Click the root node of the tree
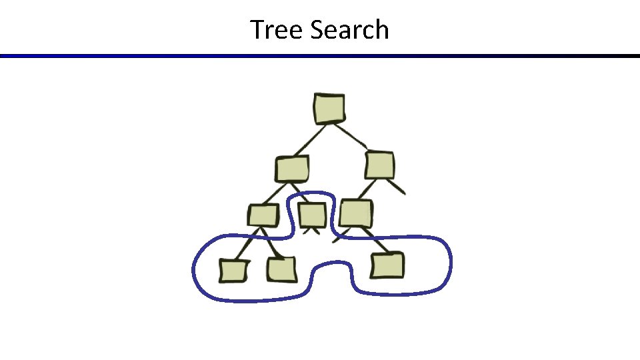tap(329, 109)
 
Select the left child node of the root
tap(292, 169)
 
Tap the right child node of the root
tap(380, 165)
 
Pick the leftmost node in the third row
tap(263, 216)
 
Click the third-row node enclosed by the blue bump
tap(311, 215)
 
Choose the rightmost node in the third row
tap(355, 213)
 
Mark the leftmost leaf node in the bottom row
tap(233, 271)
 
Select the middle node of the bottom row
tap(282, 269)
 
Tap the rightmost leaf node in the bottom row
tap(387, 265)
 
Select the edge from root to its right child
tap(354, 137)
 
